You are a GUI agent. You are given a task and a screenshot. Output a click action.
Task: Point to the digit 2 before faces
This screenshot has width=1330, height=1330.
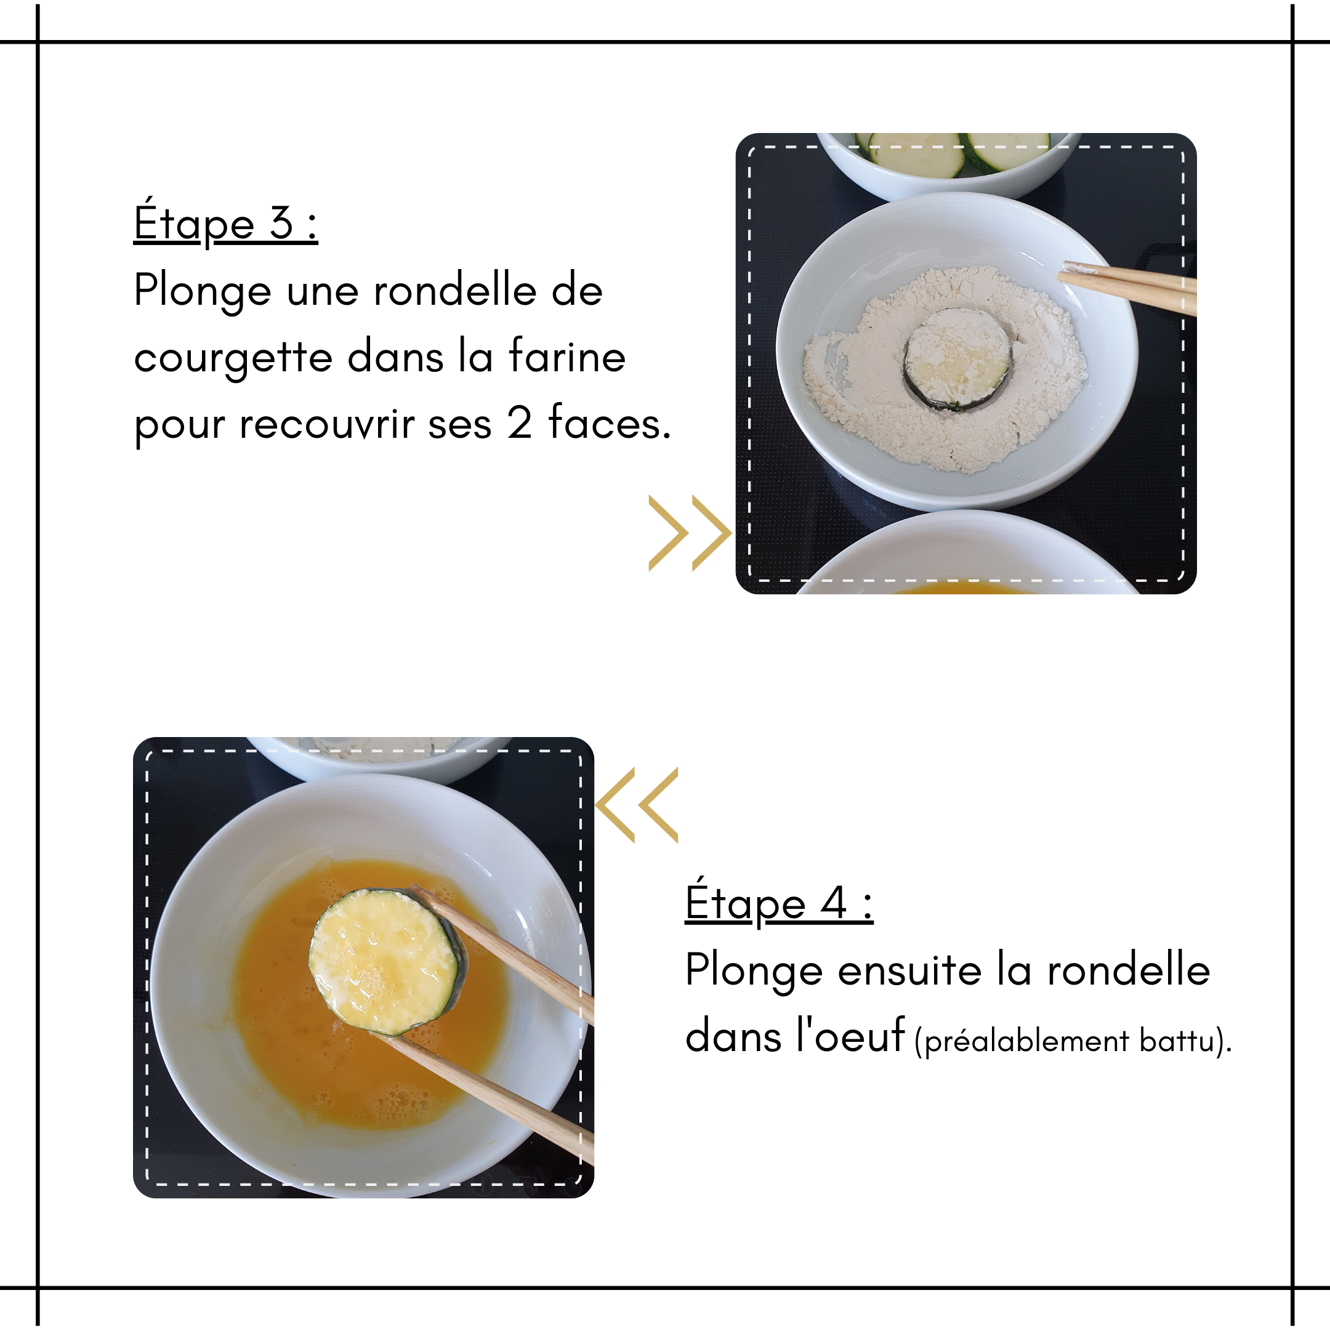(520, 422)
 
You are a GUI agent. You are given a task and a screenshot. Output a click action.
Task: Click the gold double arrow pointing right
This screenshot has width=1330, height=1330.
(690, 533)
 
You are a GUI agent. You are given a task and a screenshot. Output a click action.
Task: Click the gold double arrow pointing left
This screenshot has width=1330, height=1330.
(637, 805)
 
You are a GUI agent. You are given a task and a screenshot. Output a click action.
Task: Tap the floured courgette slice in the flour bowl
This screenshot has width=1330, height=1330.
(957, 358)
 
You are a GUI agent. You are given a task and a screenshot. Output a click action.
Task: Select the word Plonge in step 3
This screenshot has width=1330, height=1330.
(203, 291)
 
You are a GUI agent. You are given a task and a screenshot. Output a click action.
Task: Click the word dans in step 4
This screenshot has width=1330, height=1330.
(733, 1034)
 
